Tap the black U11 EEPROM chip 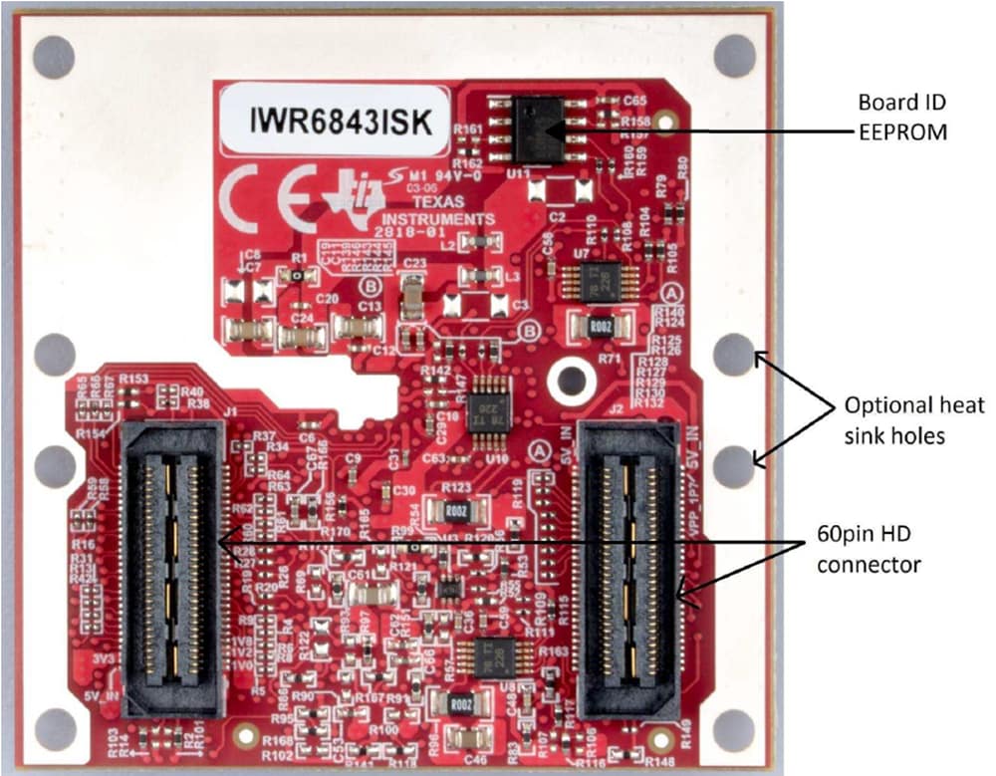coord(538,129)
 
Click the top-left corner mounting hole coord(54,57)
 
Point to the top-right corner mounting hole coord(735,56)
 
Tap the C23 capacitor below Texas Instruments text coord(412,297)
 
